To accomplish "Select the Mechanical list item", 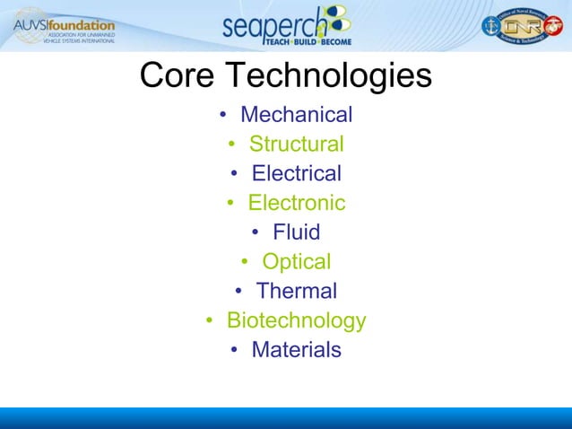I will [296, 115].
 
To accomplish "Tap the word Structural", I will [296, 144].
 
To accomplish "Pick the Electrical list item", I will [296, 173].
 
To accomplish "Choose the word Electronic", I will [296, 203].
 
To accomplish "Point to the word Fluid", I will [296, 232].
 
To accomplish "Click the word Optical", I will [296, 261].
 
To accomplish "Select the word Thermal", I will [296, 291].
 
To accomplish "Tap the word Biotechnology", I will [296, 320].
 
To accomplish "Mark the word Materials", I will [296, 349].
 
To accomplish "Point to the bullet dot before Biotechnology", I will [208, 321].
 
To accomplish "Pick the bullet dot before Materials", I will [233, 350].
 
